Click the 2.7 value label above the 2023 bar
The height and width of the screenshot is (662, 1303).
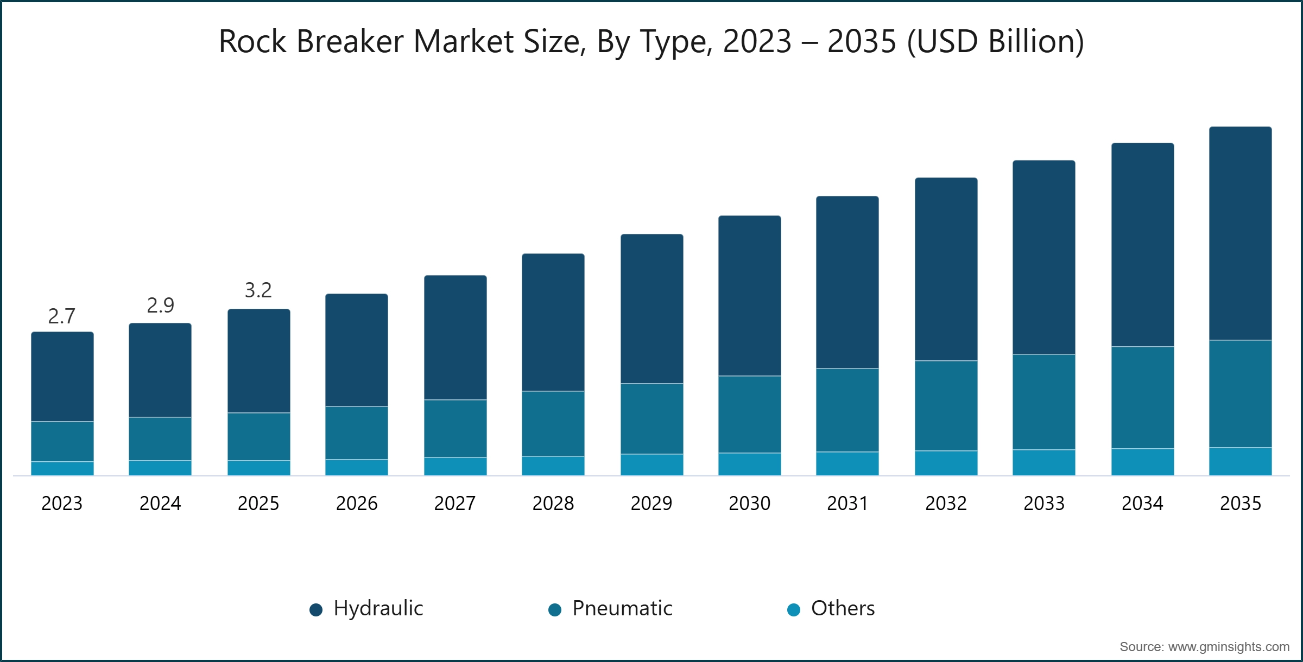click(x=62, y=316)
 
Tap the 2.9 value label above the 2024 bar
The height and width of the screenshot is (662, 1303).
click(x=160, y=305)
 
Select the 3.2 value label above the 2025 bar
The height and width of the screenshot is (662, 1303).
click(x=258, y=290)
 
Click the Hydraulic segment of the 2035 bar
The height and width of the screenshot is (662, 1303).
click(x=1240, y=233)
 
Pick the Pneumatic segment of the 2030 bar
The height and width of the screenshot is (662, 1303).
click(x=749, y=414)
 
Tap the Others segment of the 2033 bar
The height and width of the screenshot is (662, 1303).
click(x=1043, y=462)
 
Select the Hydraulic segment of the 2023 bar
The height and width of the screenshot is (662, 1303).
click(x=62, y=377)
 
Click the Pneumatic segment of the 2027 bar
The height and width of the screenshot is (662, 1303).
click(x=455, y=428)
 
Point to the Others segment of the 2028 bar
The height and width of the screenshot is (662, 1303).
click(x=553, y=466)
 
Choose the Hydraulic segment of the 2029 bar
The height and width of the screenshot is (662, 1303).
click(x=651, y=309)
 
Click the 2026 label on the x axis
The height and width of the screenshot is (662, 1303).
click(x=357, y=504)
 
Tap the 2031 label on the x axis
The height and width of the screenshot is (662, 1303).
click(x=847, y=504)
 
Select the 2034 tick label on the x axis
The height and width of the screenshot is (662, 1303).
click(x=1142, y=504)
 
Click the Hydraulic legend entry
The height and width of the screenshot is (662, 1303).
click(x=378, y=608)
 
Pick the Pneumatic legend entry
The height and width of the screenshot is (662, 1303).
click(x=622, y=608)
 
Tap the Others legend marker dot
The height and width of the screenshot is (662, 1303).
click(x=794, y=610)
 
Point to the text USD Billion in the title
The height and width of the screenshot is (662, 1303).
click(x=995, y=41)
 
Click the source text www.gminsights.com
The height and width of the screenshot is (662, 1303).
click(x=1229, y=647)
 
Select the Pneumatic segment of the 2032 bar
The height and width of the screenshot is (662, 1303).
click(x=946, y=405)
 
